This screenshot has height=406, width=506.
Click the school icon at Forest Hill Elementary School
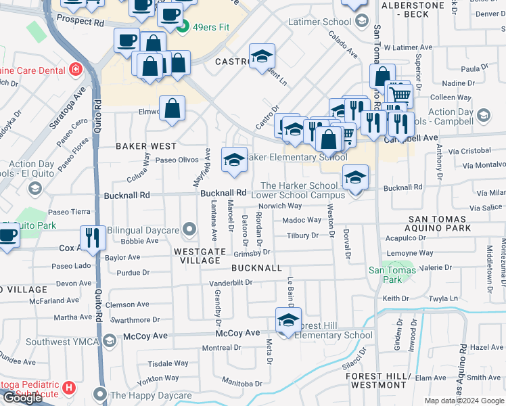pos(287,320)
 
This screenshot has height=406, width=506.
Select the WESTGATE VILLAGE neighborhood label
pos(198,255)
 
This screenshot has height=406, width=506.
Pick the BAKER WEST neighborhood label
pos(145,146)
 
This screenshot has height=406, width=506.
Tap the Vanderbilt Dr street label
pos(230,282)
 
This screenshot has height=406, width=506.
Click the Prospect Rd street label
pos(80,22)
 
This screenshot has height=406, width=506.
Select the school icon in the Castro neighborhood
pos(262,57)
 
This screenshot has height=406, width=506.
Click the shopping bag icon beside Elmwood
pos(172,108)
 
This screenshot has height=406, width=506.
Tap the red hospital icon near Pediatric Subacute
pos(68,388)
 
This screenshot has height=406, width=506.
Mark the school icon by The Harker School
pos(355,177)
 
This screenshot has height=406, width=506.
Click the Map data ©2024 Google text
pos(464,401)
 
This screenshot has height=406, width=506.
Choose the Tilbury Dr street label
pos(302,235)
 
